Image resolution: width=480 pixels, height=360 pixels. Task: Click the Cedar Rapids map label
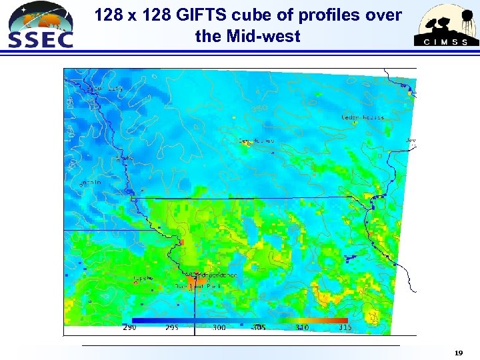363,117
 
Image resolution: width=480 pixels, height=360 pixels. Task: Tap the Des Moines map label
256,141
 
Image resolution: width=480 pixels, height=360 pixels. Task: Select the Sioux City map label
107,88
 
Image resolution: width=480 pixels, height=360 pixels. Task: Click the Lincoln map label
91,181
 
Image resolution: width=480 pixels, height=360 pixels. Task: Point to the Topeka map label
143,277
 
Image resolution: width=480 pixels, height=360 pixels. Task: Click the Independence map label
216,275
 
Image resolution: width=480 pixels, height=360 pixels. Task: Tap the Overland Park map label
197,286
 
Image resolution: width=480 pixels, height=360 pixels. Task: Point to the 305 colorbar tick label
259,327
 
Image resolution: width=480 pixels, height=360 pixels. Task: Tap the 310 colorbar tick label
301,327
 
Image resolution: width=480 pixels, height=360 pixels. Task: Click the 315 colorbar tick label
345,327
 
